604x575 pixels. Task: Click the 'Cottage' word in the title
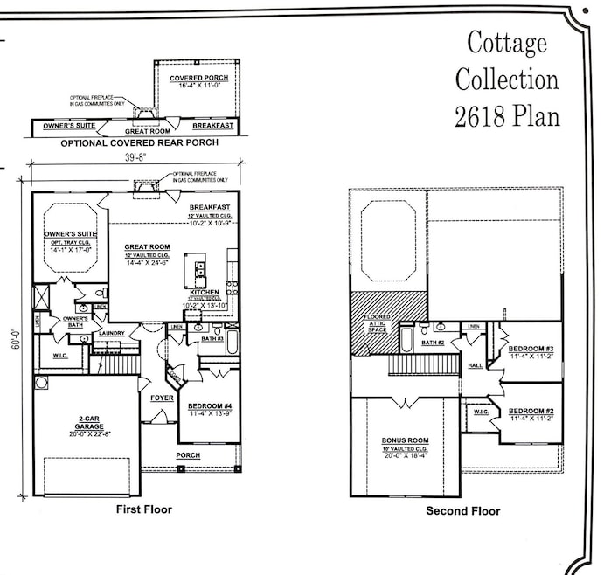(507, 41)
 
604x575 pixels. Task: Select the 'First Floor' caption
(144, 509)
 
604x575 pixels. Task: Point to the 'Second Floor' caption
(463, 510)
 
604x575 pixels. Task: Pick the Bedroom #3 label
(531, 349)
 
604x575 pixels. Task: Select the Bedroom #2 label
(531, 411)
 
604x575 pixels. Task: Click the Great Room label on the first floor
(147, 247)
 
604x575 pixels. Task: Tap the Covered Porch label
(199, 78)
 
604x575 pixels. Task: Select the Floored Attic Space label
(377, 321)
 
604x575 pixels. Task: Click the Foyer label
(162, 398)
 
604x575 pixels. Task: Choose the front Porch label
(188, 455)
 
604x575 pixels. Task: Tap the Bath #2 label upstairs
(434, 343)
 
